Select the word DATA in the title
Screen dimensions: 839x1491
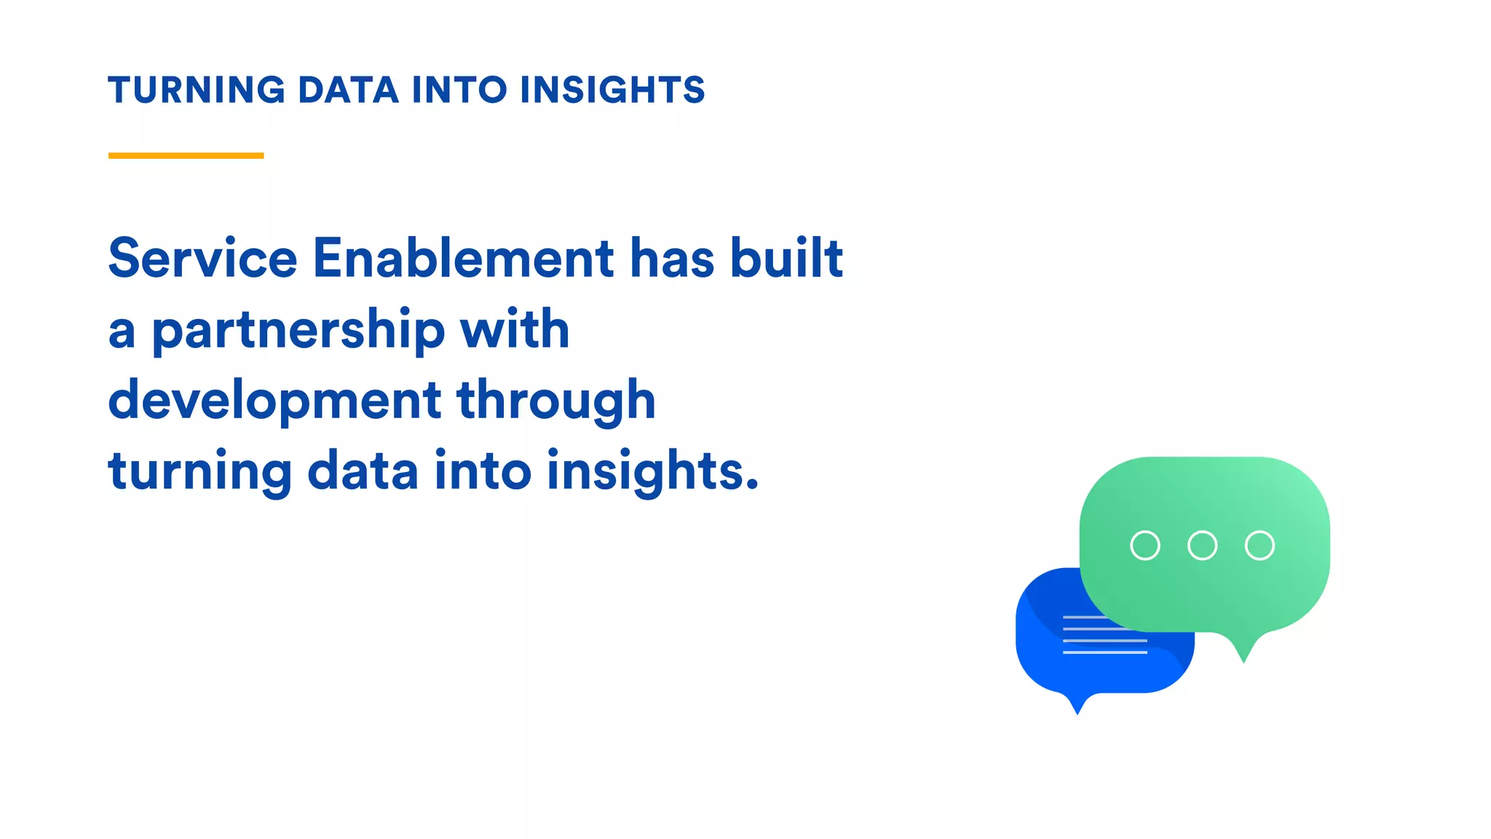pyautogui.click(x=348, y=90)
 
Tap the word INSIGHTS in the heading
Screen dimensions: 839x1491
pyautogui.click(x=612, y=90)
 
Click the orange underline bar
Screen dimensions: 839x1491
pyautogui.click(x=186, y=155)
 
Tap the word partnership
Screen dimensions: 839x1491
pyautogui.click(x=298, y=331)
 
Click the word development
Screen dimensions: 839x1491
pyautogui.click(x=274, y=401)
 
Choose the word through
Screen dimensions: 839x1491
pyautogui.click(x=556, y=401)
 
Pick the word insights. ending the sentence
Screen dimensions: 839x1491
pyautogui.click(x=652, y=472)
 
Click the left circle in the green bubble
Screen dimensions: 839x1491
pyautogui.click(x=1144, y=545)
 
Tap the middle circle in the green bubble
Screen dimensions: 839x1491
pyautogui.click(x=1202, y=545)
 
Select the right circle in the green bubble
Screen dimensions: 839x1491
pyautogui.click(x=1259, y=545)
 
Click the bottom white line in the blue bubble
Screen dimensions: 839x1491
pyautogui.click(x=1104, y=653)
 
